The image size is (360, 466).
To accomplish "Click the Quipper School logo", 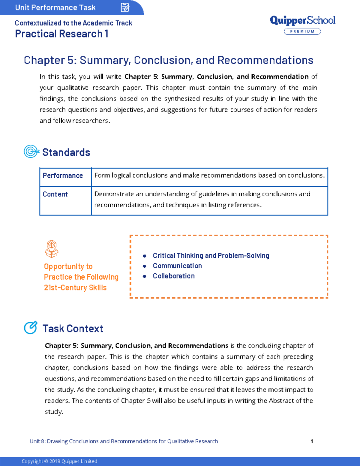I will tap(302, 20).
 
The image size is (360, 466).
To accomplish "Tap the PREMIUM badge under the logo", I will tap(302, 32).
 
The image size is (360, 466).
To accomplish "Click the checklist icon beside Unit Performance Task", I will tap(125, 8).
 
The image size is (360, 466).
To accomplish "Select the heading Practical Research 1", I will tap(61, 34).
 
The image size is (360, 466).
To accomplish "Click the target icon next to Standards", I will tap(31, 152).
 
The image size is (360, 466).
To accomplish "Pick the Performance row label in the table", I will tap(63, 176).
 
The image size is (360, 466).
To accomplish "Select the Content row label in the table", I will tap(55, 194).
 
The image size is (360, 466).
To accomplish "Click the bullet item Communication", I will tap(177, 266).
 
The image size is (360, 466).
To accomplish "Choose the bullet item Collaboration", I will tap(174, 276).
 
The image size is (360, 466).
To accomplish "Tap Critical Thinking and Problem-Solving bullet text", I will tap(211, 256).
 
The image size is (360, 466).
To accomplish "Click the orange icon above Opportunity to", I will tap(52, 249).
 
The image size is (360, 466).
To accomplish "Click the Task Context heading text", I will tap(73, 329).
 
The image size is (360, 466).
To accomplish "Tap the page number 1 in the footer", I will tap(312, 441).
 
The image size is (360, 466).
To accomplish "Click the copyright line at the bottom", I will tap(59, 461).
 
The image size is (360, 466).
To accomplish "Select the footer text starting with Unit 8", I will tap(124, 441).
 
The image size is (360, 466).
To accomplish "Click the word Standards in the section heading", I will tap(66, 152).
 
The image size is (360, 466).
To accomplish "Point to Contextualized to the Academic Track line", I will tap(73, 23).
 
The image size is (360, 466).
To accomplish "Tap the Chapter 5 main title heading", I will tap(168, 60).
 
